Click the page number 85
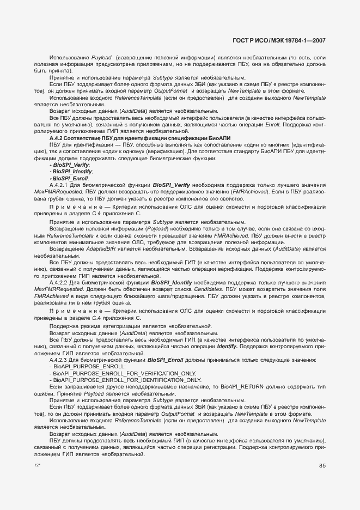pos(322,465)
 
